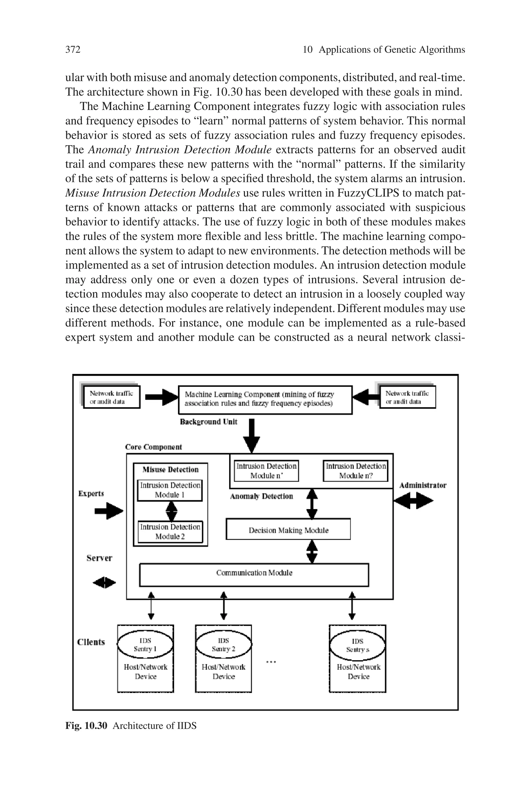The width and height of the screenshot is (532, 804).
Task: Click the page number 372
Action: pos(73,50)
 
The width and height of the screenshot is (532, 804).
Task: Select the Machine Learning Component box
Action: pos(265,399)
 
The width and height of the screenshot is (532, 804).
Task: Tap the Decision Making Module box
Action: pos(288,530)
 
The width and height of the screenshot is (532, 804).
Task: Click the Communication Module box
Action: pos(254,573)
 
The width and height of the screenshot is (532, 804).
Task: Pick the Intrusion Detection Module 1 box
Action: pos(170,490)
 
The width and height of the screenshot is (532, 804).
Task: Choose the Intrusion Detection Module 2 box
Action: pos(170,532)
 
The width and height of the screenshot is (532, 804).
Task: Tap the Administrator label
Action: pos(423,485)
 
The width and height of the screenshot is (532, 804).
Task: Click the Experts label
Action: pos(91,493)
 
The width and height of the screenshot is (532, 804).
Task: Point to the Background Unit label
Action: pos(208,422)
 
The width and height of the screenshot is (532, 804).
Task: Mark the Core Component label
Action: pos(153,447)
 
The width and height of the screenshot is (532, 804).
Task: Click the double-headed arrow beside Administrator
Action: pos(413,501)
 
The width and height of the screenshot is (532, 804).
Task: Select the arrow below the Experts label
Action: pos(109,511)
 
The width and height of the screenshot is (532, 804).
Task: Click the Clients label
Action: pos(91,642)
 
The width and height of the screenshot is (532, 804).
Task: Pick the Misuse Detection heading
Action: pos(170,470)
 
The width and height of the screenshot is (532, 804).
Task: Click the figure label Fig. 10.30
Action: pos(86,726)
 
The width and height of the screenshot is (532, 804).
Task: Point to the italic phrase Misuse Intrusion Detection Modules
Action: pos(153,193)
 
